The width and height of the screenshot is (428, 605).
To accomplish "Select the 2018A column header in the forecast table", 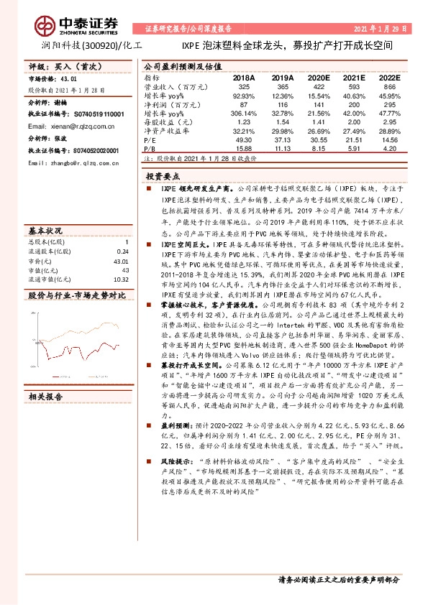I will coord(245,77).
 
